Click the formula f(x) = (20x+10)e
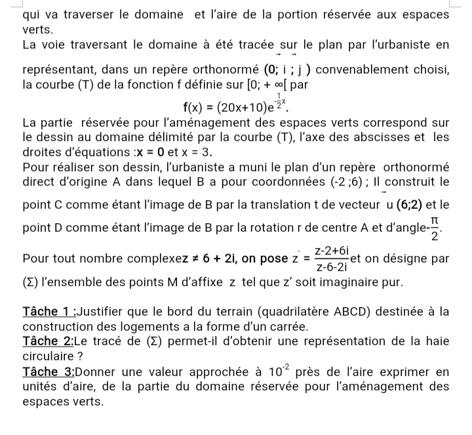click(x=237, y=104)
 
